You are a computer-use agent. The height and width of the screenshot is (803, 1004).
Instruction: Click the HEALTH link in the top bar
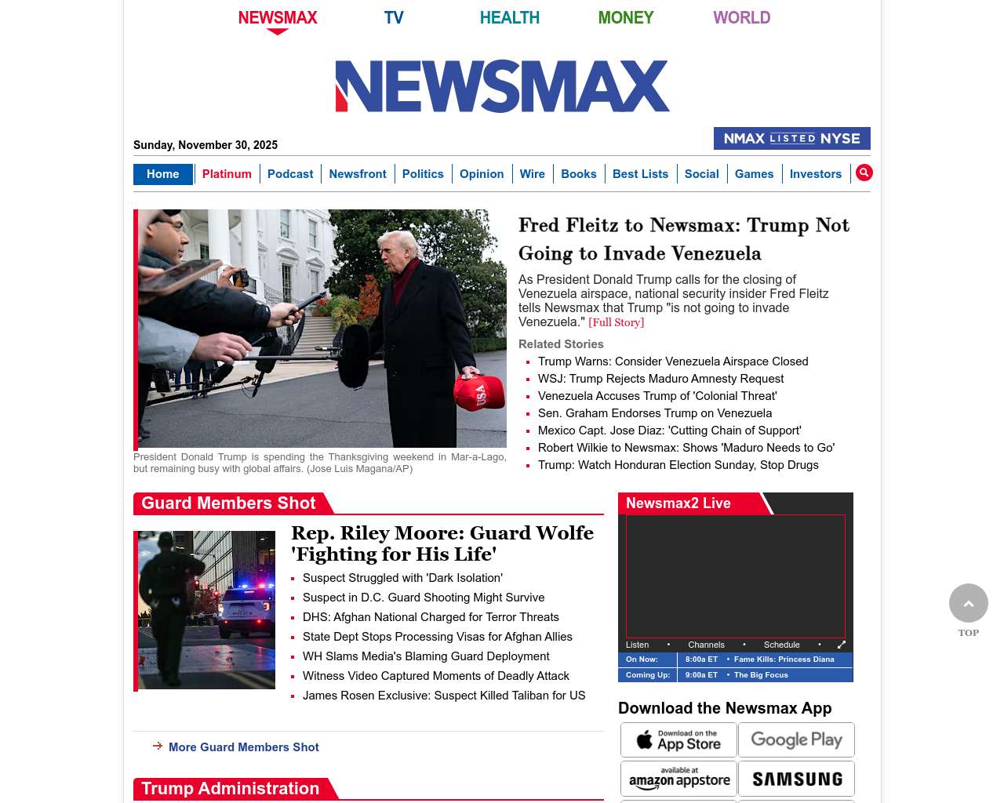pyautogui.click(x=509, y=17)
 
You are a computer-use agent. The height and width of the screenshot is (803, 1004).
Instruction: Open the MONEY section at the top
pyautogui.click(x=625, y=17)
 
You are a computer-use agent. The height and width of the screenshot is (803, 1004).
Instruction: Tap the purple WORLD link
pyautogui.click(x=741, y=17)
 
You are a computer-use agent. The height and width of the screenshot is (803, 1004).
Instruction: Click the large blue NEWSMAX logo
pyautogui.click(x=502, y=86)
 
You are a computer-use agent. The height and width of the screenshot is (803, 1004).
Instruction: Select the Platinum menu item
pyautogui.click(x=227, y=174)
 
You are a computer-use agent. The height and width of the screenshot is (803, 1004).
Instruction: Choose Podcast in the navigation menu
pyautogui.click(x=290, y=174)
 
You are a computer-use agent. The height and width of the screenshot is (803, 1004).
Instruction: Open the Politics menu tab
pyautogui.click(x=423, y=174)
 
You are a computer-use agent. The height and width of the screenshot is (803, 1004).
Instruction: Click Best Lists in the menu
pyautogui.click(x=640, y=174)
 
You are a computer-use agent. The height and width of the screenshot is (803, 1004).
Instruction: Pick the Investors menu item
pyautogui.click(x=815, y=174)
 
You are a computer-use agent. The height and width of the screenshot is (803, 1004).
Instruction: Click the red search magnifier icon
pyautogui.click(x=864, y=173)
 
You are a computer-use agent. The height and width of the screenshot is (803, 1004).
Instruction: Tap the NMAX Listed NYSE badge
pyautogui.click(x=791, y=139)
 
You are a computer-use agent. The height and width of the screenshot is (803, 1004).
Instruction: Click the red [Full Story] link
pyautogui.click(x=616, y=322)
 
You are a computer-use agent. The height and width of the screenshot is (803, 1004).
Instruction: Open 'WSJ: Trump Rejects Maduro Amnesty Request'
pyautogui.click(x=660, y=379)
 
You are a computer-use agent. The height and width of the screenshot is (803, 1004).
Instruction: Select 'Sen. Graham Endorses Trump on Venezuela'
pyautogui.click(x=655, y=413)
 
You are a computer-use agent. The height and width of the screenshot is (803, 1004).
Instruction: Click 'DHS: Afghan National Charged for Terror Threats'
pyautogui.click(x=431, y=617)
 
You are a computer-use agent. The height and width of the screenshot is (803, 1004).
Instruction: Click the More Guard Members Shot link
pyautogui.click(x=243, y=747)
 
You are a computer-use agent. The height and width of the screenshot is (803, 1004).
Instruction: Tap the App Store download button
pyautogui.click(x=678, y=739)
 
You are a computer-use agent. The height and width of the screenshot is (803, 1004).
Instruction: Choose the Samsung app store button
pyautogui.click(x=796, y=779)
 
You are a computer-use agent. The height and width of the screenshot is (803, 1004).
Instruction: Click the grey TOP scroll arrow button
pyautogui.click(x=968, y=603)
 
